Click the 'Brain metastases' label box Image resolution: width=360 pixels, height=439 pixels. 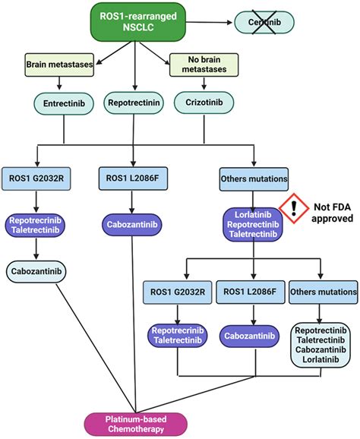point(58,65)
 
